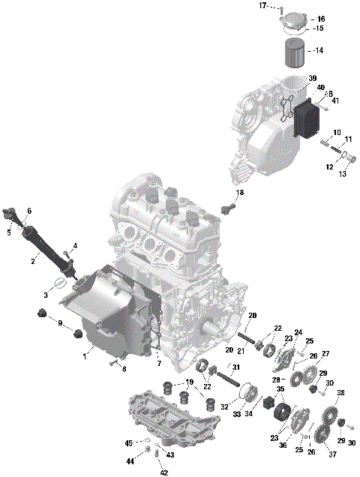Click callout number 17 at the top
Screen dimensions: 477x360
263,6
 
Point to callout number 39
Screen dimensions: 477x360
313,78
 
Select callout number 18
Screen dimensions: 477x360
240,193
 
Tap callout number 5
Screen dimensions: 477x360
9,232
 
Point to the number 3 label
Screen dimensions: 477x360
46,296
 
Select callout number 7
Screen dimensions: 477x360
158,363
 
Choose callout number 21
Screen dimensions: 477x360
242,352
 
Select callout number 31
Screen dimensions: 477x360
235,367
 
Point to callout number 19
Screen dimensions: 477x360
190,382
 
